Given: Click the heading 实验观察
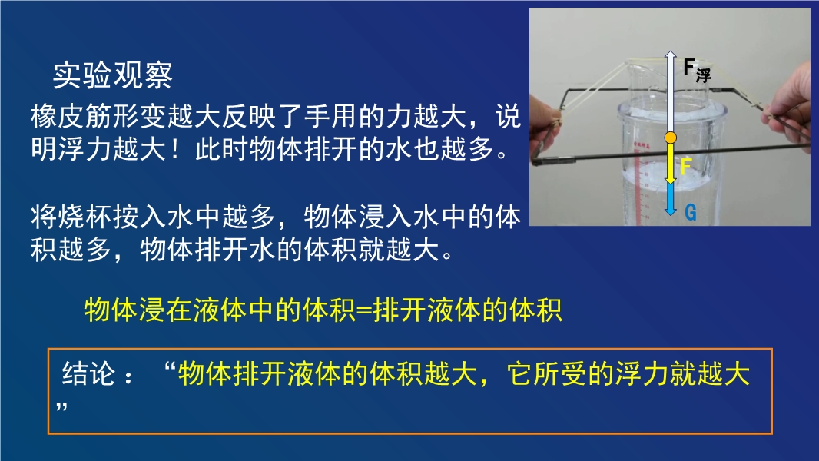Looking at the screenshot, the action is point(112,75).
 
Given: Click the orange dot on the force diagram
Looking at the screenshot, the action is point(670,138).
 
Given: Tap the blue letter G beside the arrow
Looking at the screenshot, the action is point(691,213).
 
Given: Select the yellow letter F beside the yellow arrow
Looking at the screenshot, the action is point(686,167).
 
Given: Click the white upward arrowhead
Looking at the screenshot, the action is point(670,55).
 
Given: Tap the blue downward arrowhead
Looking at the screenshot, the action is point(670,211).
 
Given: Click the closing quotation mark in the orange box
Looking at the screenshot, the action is point(61,406).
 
